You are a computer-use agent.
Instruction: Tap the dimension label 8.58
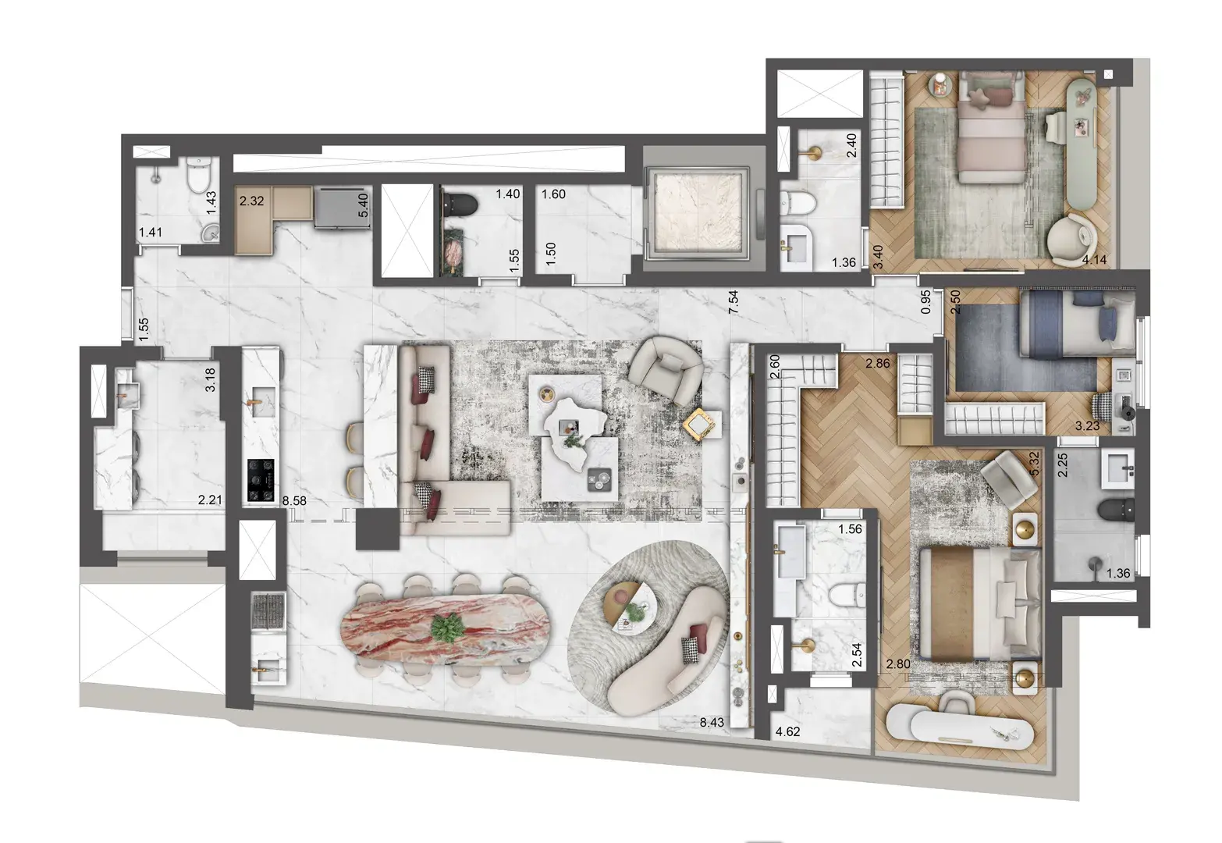[x=294, y=501]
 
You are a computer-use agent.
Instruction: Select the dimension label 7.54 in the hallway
[x=733, y=301]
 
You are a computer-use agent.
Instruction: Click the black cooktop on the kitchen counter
[x=261, y=479]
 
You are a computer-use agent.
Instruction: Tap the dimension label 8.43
[x=712, y=723]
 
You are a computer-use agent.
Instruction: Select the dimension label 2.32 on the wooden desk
[x=251, y=201]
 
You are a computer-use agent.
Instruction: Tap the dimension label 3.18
[x=209, y=384]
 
